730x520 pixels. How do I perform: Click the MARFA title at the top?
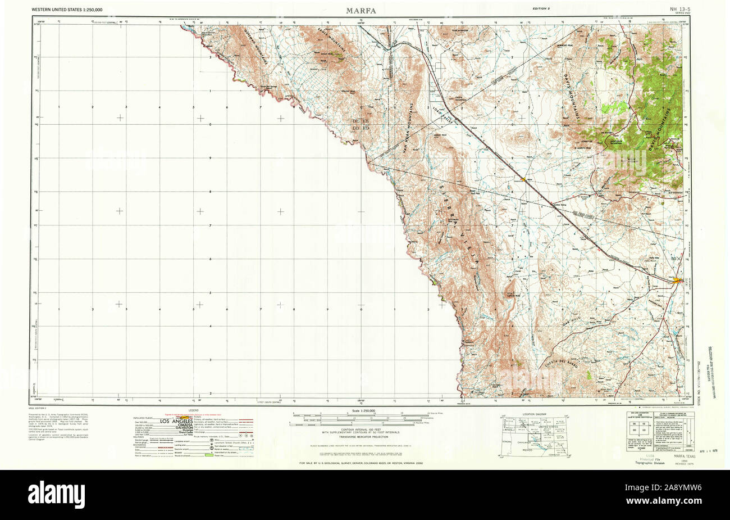[x=361, y=10]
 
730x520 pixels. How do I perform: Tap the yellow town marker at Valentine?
[x=523, y=179]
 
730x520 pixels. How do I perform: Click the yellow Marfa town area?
[x=678, y=279]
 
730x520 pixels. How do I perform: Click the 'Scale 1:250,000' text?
[x=361, y=413]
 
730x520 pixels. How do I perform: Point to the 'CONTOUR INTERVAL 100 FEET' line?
[x=360, y=429]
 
